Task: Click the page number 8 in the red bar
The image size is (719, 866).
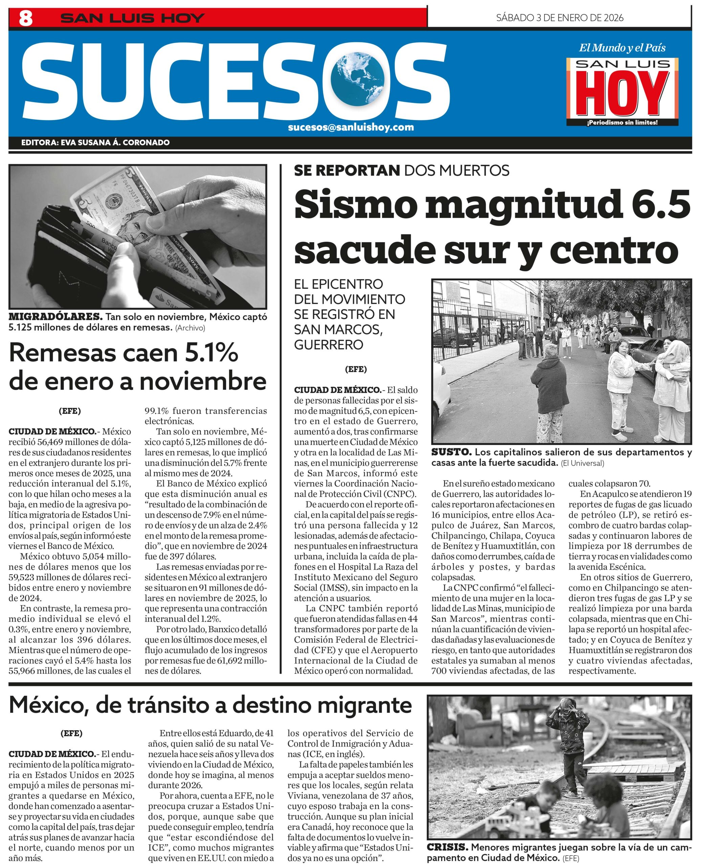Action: click(x=26, y=18)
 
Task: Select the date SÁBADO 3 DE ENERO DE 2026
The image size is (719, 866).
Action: click(x=559, y=18)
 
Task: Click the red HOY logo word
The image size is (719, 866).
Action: click(x=622, y=94)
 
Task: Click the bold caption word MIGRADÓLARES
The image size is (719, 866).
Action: click(x=55, y=317)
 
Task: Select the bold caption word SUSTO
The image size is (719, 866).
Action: click(x=451, y=452)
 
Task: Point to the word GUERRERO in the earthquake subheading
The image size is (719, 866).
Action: click(x=328, y=344)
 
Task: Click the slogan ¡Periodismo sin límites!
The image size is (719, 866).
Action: click(x=622, y=122)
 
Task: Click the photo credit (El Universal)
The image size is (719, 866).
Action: click(x=582, y=463)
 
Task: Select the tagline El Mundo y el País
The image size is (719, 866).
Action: click(x=622, y=48)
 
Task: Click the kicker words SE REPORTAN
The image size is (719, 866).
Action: click(x=346, y=170)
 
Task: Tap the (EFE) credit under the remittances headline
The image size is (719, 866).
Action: click(x=70, y=411)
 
